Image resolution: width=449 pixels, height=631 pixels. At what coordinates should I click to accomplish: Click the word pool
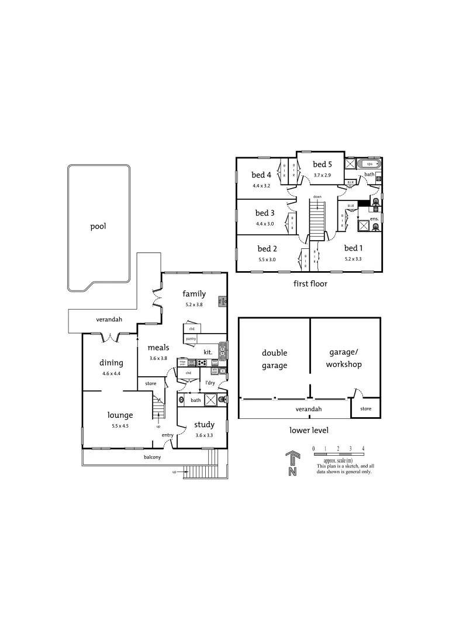pyautogui.click(x=98, y=226)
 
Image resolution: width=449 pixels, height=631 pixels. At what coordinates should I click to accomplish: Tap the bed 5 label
pyautogui.click(x=322, y=164)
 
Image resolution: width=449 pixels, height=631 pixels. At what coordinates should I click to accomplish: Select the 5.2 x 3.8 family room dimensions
pyautogui.click(x=194, y=304)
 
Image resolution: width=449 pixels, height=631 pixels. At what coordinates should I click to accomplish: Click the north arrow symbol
pyautogui.click(x=291, y=463)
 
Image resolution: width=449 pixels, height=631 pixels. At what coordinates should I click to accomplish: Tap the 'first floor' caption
pyautogui.click(x=310, y=284)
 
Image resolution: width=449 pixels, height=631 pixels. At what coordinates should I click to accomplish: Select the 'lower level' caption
pyautogui.click(x=309, y=430)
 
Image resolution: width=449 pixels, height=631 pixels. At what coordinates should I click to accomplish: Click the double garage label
pyautogui.click(x=274, y=359)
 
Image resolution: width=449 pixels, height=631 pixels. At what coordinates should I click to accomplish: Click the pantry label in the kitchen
pyautogui.click(x=191, y=339)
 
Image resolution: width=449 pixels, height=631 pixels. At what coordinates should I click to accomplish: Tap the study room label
pyautogui.click(x=204, y=425)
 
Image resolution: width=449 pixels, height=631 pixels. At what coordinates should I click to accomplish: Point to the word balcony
pyautogui.click(x=153, y=457)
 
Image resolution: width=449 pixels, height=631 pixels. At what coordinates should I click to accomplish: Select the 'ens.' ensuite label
pyautogui.click(x=375, y=219)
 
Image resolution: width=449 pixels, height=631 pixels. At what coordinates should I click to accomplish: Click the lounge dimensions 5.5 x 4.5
pyautogui.click(x=120, y=426)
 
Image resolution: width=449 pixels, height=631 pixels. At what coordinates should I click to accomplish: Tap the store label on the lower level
pyautogui.click(x=365, y=408)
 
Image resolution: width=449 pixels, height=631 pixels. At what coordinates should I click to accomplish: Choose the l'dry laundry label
pyautogui.click(x=208, y=383)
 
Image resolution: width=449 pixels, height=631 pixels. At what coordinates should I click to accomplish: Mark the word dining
pyautogui.click(x=111, y=362)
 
